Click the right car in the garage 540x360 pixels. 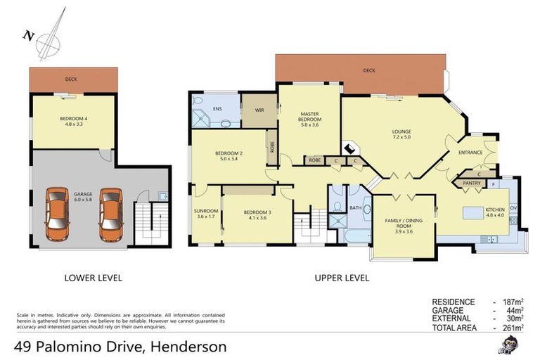coord(111,212)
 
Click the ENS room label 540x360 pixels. coord(218,109)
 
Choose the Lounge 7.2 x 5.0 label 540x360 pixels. coord(401,135)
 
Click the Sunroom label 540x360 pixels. coord(206,214)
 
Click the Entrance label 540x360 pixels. coord(470,153)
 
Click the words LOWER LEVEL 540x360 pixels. coord(94,278)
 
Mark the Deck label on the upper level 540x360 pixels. coord(368,70)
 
